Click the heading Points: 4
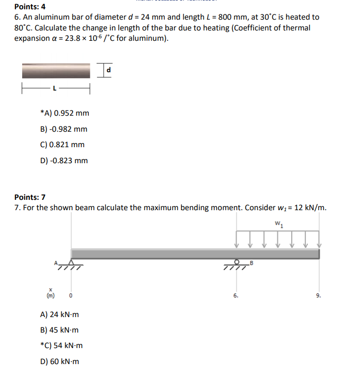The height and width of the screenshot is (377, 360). pyautogui.click(x=30, y=7)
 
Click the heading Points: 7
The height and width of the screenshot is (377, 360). pyautogui.click(x=30, y=197)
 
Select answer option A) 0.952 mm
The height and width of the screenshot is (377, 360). pyautogui.click(x=65, y=113)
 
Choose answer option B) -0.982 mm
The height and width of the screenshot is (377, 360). pyautogui.click(x=64, y=129)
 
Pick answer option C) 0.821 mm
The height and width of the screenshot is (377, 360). pyautogui.click(x=62, y=145)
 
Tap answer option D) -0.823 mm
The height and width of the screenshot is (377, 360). pyautogui.click(x=64, y=161)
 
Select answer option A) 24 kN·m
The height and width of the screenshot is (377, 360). pyautogui.click(x=59, y=314)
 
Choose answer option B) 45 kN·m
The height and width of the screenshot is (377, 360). pyautogui.click(x=59, y=330)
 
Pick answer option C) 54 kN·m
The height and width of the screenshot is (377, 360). pyautogui.click(x=61, y=345)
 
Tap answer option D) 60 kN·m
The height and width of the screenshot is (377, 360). pyautogui.click(x=59, y=362)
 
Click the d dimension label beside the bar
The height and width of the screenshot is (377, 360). pyautogui.click(x=108, y=69)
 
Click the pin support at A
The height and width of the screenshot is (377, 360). pyautogui.click(x=71, y=264)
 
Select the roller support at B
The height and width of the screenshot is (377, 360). pyautogui.click(x=237, y=263)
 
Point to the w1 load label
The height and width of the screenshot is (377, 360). pyautogui.click(x=278, y=224)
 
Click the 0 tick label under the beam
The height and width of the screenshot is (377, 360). pyautogui.click(x=71, y=296)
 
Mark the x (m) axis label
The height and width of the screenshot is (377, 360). pyautogui.click(x=51, y=293)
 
